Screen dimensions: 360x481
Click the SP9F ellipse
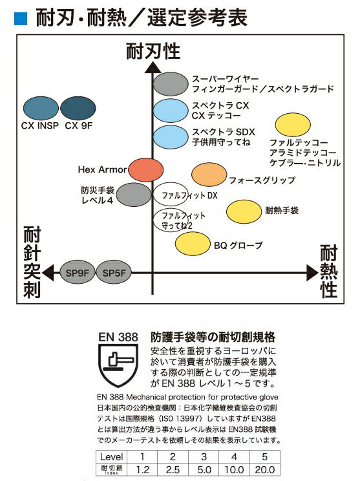point(77,272)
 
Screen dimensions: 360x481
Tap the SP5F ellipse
point(114,272)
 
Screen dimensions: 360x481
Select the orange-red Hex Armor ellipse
point(145,169)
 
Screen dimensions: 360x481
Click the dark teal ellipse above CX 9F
point(78,108)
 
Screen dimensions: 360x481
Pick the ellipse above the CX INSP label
point(41,108)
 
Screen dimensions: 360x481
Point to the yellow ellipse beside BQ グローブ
point(193,244)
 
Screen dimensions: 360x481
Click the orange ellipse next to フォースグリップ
point(209,175)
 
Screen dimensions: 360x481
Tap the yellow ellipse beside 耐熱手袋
point(244,211)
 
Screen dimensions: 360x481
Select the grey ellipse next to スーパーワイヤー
point(171,84)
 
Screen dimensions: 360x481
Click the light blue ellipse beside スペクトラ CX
point(171,111)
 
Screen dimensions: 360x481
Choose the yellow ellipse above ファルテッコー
point(293,125)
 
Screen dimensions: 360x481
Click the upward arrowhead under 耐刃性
point(153,67)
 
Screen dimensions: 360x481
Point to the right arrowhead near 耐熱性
point(312,272)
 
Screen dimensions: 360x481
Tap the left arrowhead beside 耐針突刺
point(48,272)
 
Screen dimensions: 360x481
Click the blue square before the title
point(21,18)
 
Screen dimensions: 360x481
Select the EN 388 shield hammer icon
point(118,365)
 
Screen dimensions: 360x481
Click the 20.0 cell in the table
point(265,469)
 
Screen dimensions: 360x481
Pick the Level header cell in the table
point(111,457)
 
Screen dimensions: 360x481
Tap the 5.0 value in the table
point(204,469)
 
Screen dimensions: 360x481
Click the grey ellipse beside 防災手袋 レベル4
point(134,195)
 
